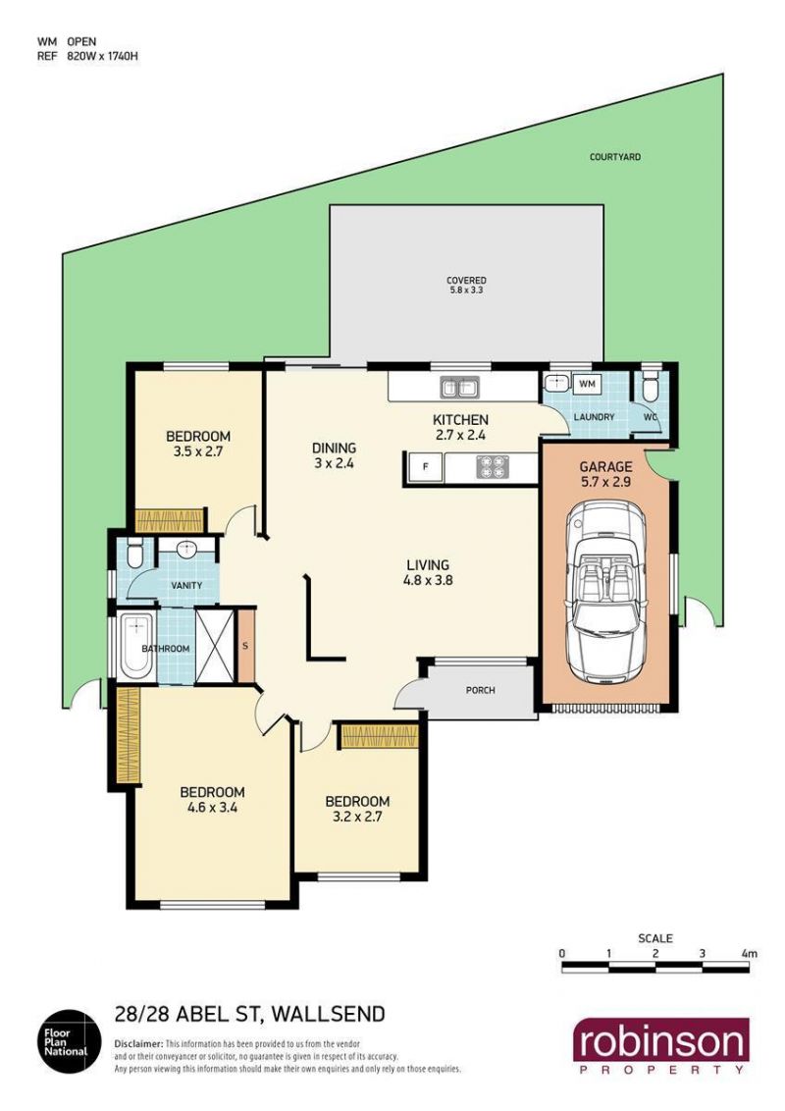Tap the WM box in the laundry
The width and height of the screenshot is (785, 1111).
(588, 384)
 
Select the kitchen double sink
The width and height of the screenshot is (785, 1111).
(460, 388)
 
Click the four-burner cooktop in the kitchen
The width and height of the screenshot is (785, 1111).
(493, 466)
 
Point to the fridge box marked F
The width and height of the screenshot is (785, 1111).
(425, 467)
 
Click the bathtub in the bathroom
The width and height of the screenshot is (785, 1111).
(136, 646)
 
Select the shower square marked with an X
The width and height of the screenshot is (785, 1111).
(215, 646)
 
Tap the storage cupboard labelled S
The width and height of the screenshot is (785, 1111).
(245, 646)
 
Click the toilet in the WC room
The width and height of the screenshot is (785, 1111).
(649, 386)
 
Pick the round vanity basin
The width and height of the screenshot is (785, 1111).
(187, 548)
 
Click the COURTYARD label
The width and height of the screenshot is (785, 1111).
(615, 157)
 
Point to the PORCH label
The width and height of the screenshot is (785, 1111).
(481, 690)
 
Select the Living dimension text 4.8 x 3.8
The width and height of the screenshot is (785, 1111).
(428, 580)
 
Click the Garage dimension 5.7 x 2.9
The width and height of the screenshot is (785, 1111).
(605, 482)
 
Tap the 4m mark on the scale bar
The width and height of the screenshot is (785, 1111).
(749, 954)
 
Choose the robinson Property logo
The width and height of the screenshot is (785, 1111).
(661, 1047)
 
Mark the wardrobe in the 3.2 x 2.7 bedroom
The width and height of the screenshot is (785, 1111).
(380, 736)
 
